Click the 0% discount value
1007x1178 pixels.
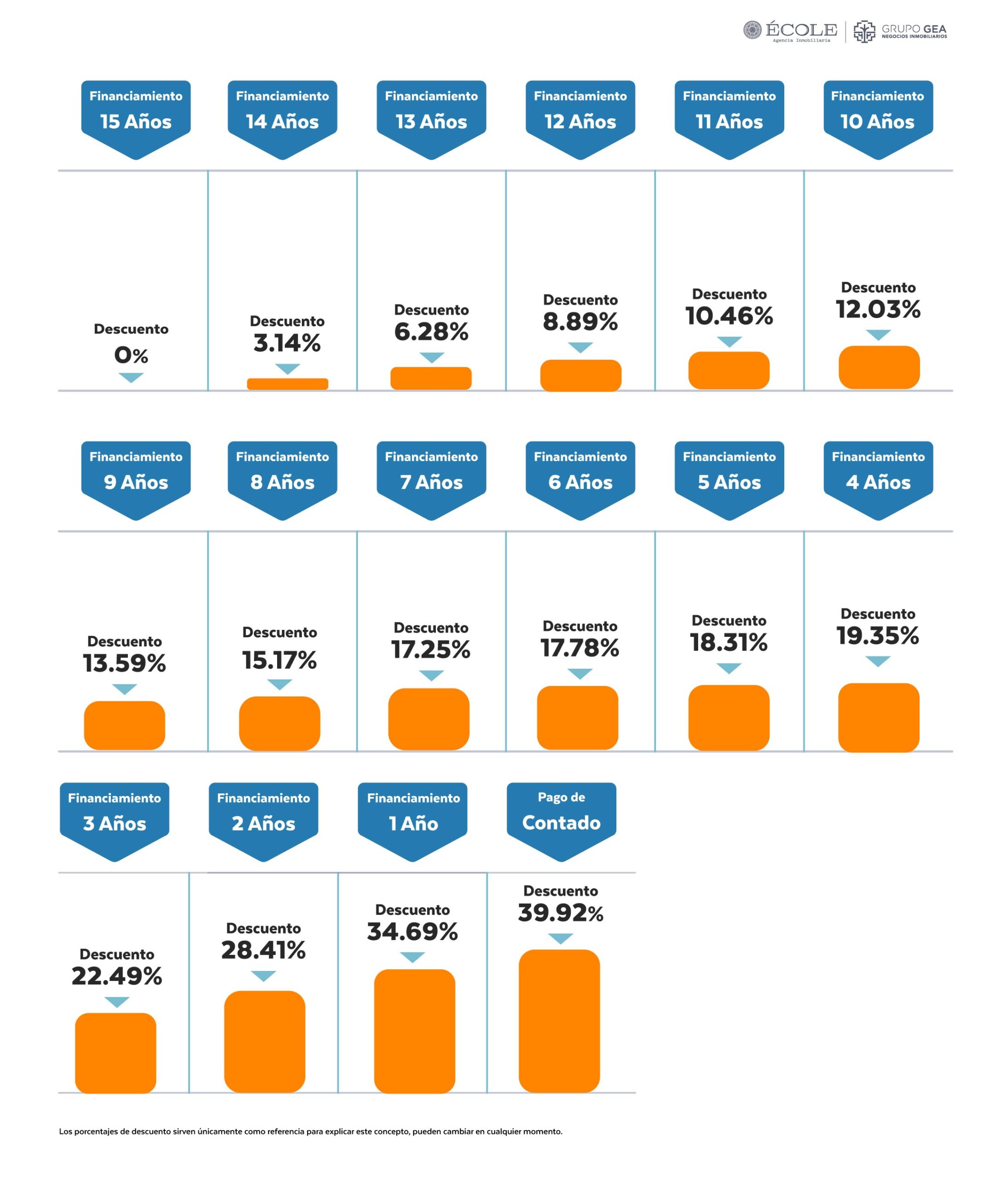(x=131, y=355)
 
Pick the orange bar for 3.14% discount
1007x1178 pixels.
(x=287, y=384)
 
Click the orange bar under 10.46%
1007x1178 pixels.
(x=729, y=370)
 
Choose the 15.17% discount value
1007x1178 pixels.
(x=279, y=660)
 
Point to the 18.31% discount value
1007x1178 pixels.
(x=729, y=642)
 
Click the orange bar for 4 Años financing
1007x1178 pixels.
(x=878, y=717)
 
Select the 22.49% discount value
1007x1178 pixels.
(x=116, y=976)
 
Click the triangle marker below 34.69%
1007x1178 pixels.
(x=412, y=958)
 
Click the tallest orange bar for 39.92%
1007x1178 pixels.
(x=559, y=1021)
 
